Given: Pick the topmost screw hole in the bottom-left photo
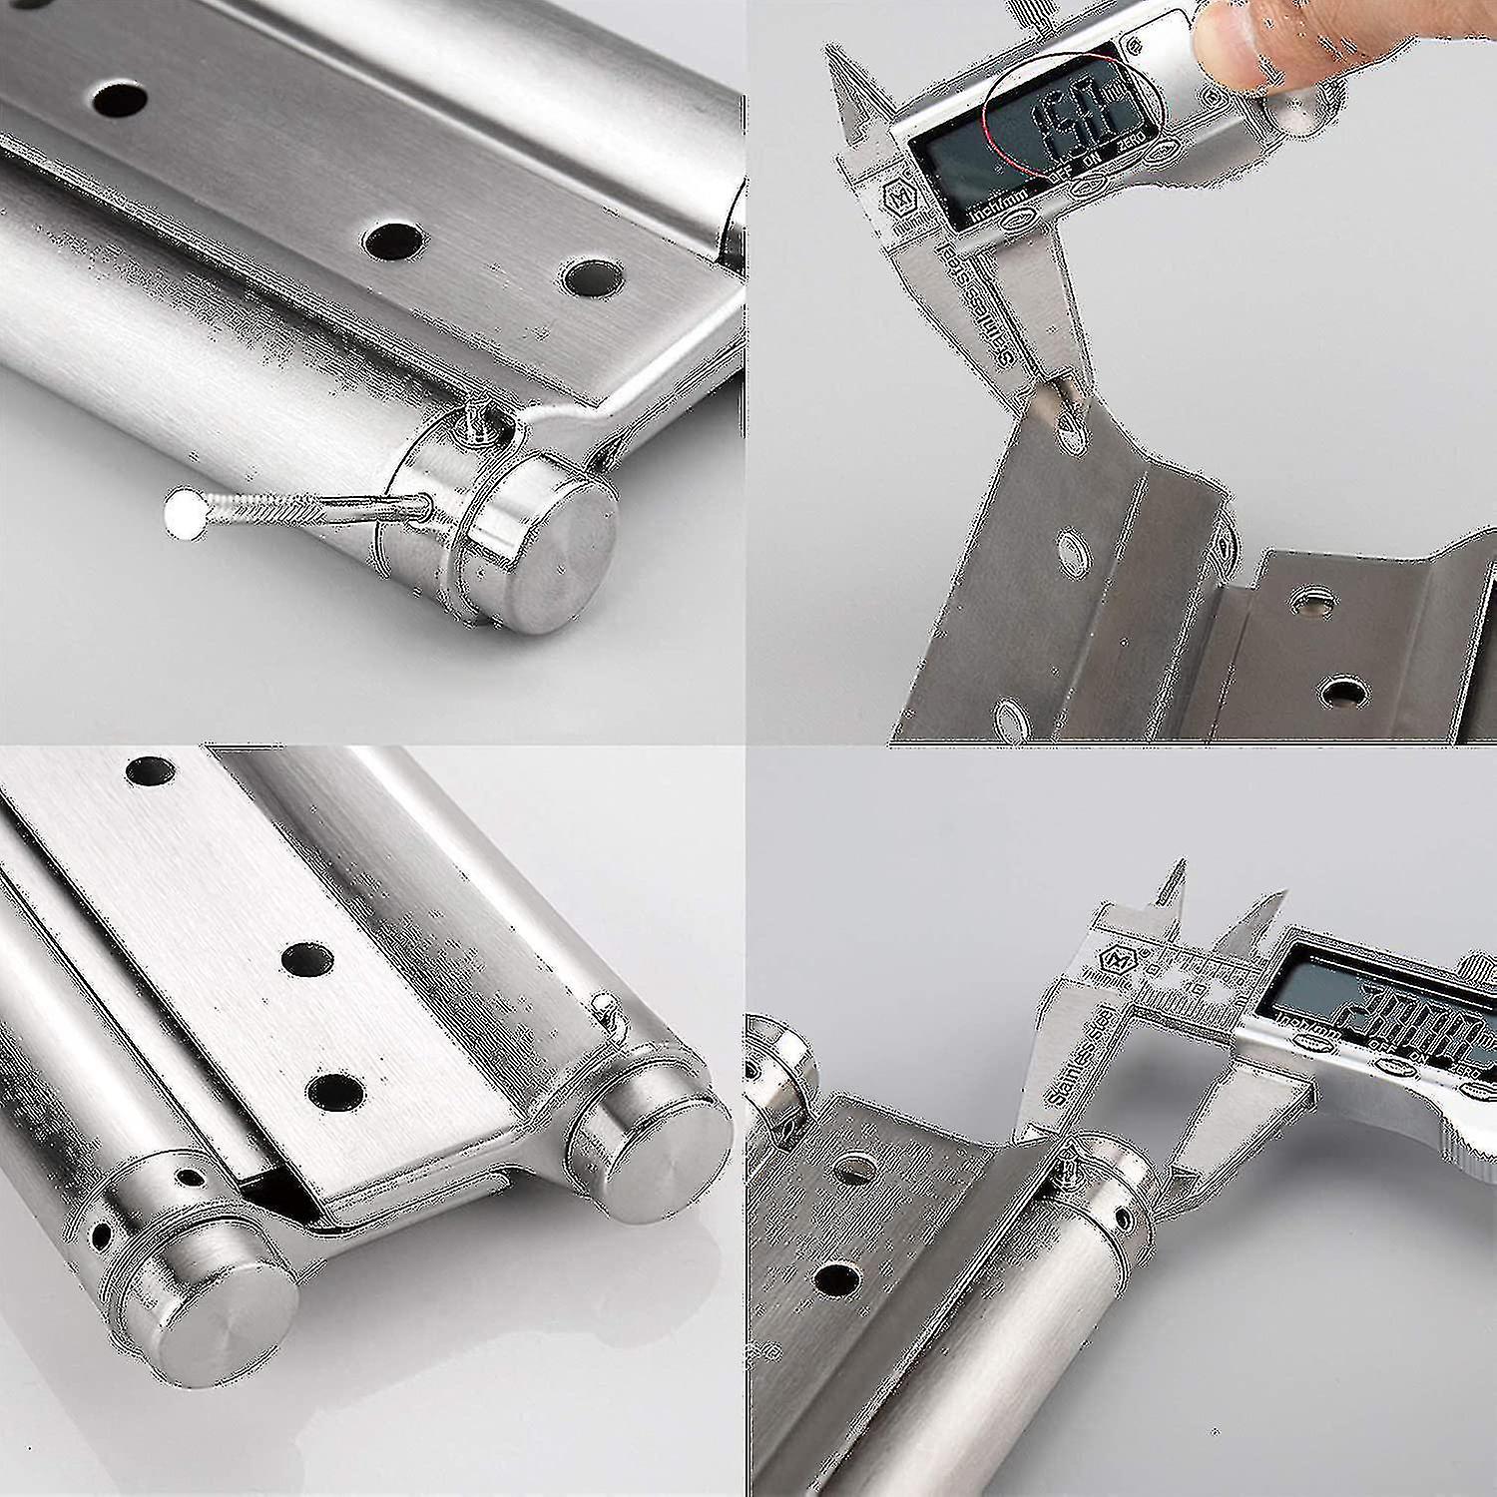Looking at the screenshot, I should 150,769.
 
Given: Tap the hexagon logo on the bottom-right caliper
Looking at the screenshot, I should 1114,960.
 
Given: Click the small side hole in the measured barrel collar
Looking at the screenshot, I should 1126,1219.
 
